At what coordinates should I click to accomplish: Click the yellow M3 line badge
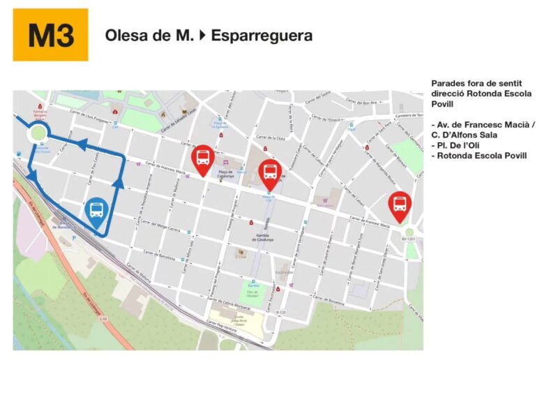tap(51, 35)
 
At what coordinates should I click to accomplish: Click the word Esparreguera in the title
tap(262, 35)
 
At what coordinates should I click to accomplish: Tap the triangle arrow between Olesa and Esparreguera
tap(202, 35)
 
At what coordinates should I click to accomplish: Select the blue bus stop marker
tap(97, 209)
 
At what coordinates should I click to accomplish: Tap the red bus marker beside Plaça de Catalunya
tap(203, 158)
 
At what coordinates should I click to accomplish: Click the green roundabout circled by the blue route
tap(37, 133)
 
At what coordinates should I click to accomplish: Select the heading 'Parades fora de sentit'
tap(475, 82)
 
